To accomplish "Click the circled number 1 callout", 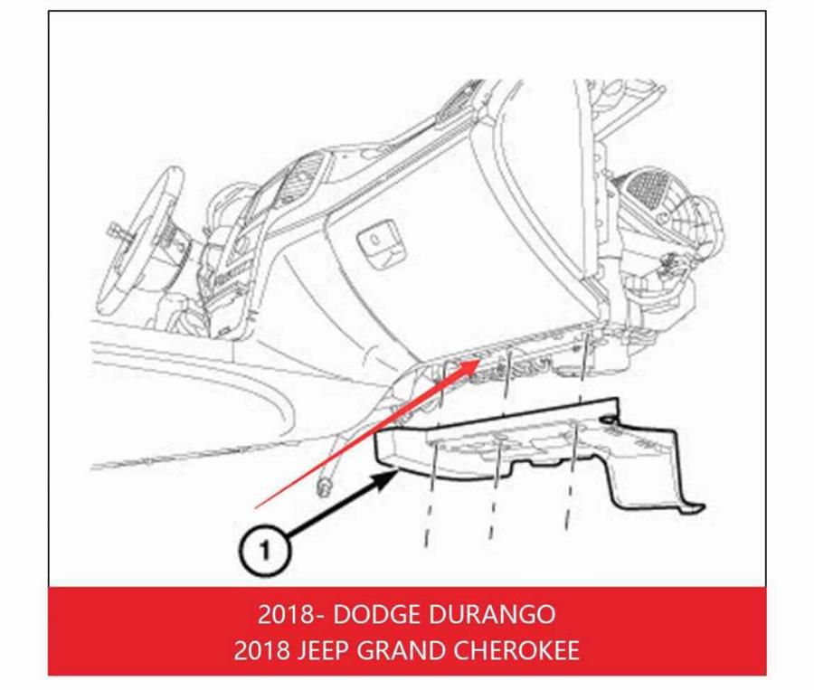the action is (x=265, y=551).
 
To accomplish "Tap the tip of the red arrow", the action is (x=480, y=360).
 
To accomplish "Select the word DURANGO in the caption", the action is (x=492, y=614).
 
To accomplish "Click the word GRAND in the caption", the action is (x=401, y=650).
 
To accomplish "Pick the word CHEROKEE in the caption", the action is (x=517, y=650).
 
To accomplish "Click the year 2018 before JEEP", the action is (x=261, y=650).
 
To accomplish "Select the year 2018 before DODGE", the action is (x=285, y=614).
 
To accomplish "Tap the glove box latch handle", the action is (x=378, y=240).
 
